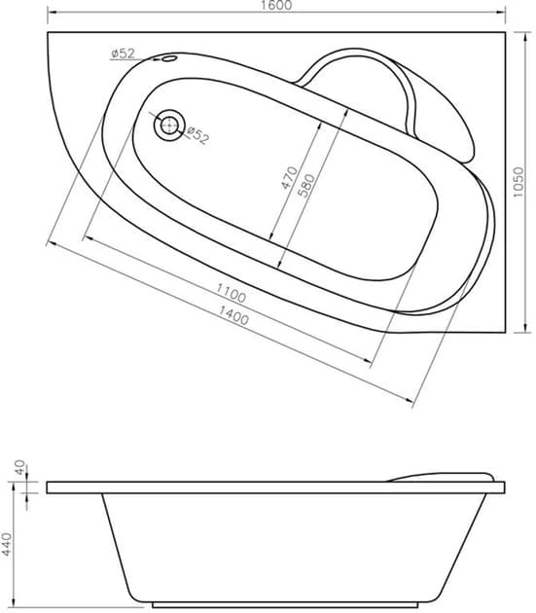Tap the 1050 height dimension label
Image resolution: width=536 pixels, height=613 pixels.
coord(518,182)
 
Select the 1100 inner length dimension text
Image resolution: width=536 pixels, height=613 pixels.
coord(232,293)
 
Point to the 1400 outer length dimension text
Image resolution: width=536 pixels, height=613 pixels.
coord(233,315)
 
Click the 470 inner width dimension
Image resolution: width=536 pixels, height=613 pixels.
coord(289,178)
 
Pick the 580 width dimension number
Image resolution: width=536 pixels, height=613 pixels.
coord(306,186)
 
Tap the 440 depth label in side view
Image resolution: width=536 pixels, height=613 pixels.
coord(7,544)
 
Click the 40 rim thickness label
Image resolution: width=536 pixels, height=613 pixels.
coord(19,468)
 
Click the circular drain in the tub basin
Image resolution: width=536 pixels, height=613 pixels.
coord(169,125)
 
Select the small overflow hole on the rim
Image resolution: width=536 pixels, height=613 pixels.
coord(169,58)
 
